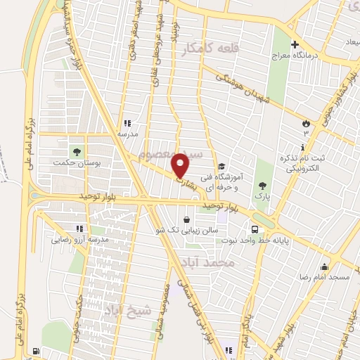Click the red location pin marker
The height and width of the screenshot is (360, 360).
[x=181, y=165]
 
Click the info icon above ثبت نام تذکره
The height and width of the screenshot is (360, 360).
[x=302, y=147]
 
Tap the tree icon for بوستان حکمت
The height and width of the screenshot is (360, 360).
[x=75, y=151]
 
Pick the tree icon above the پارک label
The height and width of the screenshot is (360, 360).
[x=262, y=184]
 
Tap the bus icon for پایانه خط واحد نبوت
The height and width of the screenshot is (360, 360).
[x=255, y=229]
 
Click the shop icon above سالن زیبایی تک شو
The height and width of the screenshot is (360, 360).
[x=186, y=219]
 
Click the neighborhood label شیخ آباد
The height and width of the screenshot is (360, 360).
[x=127, y=311]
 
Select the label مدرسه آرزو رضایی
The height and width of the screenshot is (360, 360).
[x=79, y=240]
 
